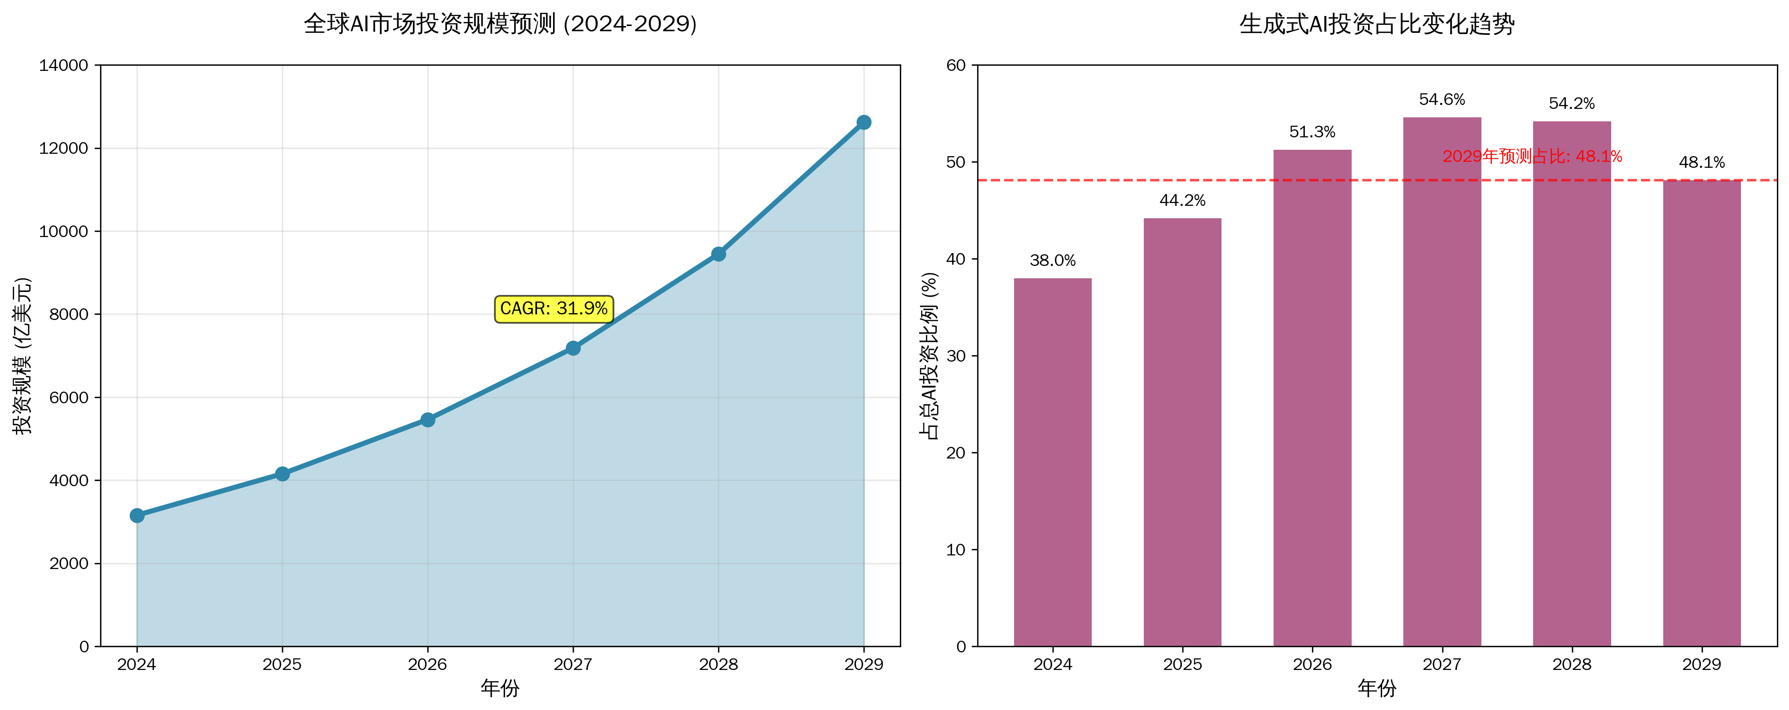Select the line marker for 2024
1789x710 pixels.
tap(137, 515)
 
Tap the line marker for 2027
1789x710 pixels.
tap(573, 348)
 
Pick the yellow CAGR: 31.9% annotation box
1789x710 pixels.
tap(553, 308)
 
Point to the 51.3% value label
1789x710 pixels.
tap(1312, 132)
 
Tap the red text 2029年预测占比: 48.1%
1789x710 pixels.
tap(1532, 156)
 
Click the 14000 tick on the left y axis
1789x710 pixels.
tap(64, 65)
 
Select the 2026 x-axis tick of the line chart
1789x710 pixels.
tap(427, 665)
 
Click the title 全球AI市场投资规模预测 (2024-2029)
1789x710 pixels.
tap(500, 24)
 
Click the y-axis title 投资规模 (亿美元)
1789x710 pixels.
tap(23, 356)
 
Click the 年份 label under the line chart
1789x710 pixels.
tap(500, 688)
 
